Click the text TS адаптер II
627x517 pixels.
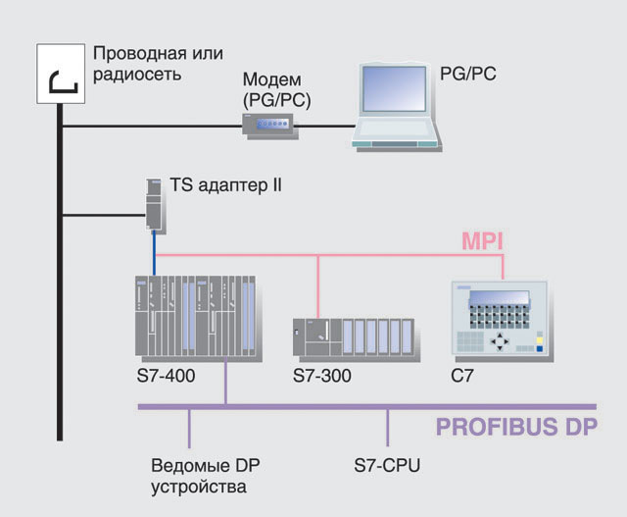click(225, 183)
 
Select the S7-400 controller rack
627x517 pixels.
click(196, 318)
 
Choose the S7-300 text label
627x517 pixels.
click(322, 376)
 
